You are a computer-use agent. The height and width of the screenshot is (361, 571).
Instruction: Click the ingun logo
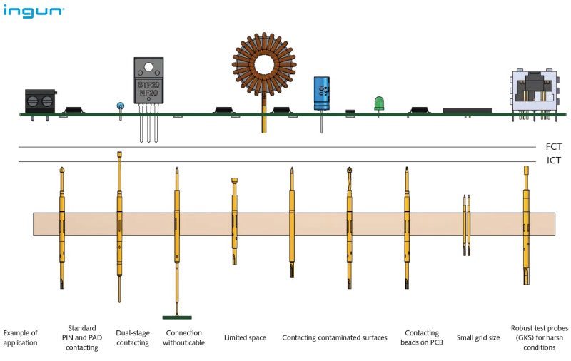point(34,11)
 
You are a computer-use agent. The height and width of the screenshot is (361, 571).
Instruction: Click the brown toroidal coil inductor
point(264,65)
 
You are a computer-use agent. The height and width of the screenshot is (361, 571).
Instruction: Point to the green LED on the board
point(379,103)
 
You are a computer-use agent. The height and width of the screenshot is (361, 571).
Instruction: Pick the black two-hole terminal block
point(40,101)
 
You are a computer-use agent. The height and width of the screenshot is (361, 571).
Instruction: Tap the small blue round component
point(120,106)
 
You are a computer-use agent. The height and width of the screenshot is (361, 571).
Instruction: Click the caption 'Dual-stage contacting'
point(132,337)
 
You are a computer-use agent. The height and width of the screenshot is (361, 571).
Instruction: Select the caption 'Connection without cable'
point(183,337)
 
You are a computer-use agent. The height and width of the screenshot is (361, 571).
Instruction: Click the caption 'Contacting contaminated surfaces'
point(335,337)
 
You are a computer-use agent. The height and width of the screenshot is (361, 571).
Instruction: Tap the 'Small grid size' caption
point(478,337)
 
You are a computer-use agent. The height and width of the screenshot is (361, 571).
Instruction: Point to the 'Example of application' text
point(20,337)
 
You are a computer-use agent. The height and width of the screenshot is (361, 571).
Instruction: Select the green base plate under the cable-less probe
point(176,317)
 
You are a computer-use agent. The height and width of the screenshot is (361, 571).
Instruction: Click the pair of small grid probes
point(467,225)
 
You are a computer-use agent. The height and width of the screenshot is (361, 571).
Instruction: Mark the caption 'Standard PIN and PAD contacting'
point(81,337)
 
